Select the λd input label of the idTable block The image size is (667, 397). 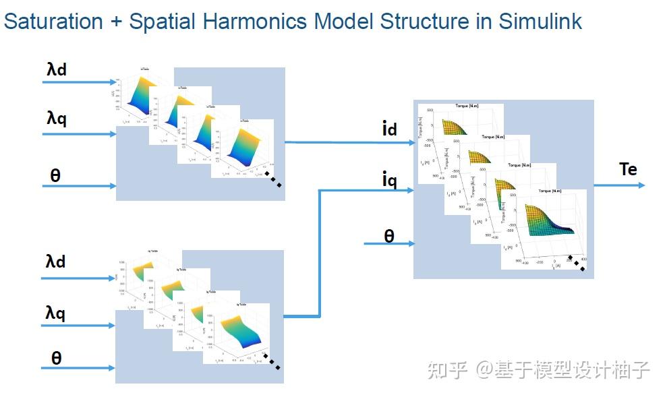click(x=57, y=69)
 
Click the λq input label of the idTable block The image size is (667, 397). click(x=57, y=119)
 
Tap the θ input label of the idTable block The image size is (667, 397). click(x=55, y=175)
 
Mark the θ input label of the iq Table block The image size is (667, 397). click(x=56, y=358)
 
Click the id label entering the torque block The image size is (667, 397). click(x=389, y=128)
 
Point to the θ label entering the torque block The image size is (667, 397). click(x=389, y=235)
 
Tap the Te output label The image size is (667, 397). click(x=627, y=169)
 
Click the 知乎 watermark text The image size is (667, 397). click(x=448, y=370)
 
